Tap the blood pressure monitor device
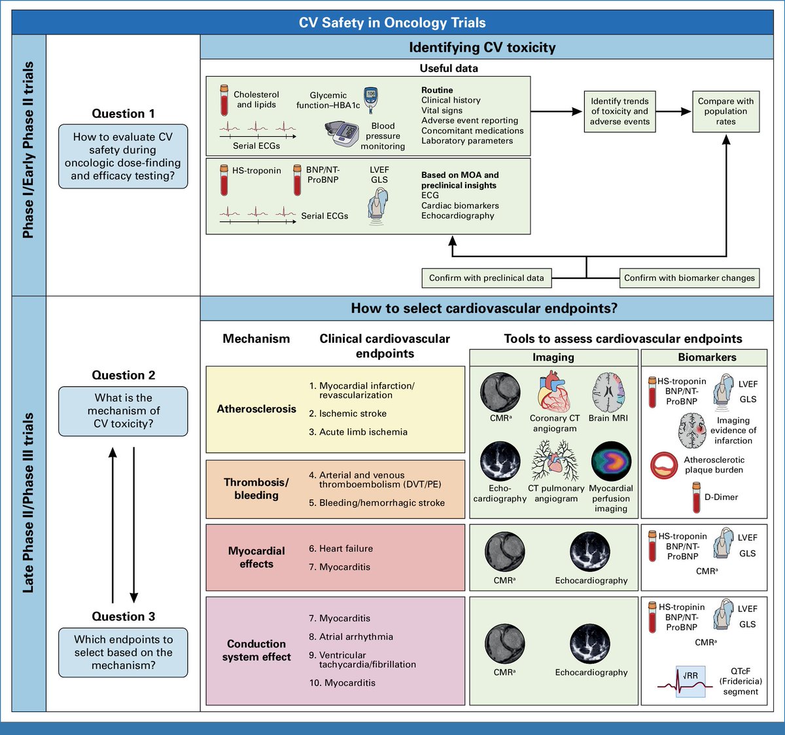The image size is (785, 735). tap(342, 135)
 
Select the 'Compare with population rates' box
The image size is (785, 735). tap(725, 111)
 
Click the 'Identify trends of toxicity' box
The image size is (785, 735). tap(619, 111)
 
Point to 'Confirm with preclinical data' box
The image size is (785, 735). tap(487, 278)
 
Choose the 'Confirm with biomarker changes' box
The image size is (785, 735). tap(689, 278)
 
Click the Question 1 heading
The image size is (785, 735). tap(123, 113)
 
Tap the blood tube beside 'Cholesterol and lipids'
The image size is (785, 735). tap(224, 101)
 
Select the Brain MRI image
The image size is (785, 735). tap(609, 392)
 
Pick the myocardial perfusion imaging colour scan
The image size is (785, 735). tap(611, 461)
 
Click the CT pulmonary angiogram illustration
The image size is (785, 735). tap(555, 461)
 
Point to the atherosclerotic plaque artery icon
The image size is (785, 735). tap(664, 465)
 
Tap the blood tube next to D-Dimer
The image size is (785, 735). tap(696, 497)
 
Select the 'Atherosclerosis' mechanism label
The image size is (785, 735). tap(256, 408)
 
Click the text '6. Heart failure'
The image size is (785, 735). tap(341, 548)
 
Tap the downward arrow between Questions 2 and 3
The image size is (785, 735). tap(134, 525)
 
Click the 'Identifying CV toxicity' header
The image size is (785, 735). tap(482, 48)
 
